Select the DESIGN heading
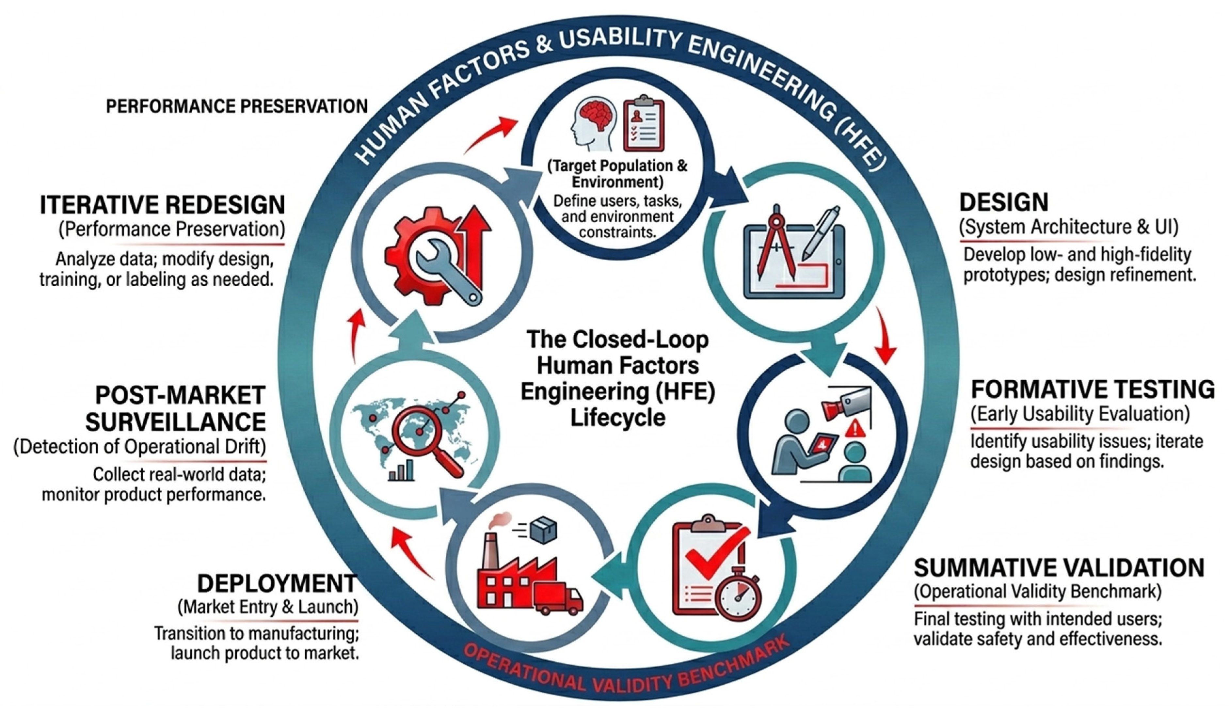click(x=1004, y=202)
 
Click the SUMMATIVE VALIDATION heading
click(x=1059, y=568)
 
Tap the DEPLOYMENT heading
click(x=277, y=583)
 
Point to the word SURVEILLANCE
click(x=176, y=421)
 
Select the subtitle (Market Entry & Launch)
click(x=268, y=607)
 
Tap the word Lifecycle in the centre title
click(x=618, y=418)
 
